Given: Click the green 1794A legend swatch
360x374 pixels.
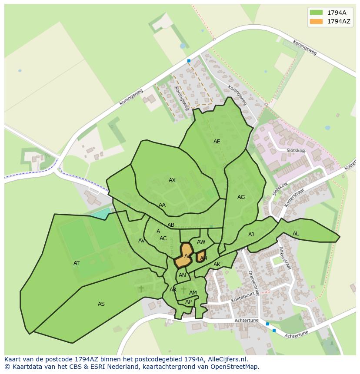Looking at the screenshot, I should [316, 12].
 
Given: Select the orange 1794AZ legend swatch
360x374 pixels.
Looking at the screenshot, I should [316, 21].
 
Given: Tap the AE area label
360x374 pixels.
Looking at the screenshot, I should [217, 142].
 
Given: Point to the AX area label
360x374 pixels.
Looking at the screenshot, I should [172, 180].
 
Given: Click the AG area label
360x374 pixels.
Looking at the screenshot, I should [241, 197].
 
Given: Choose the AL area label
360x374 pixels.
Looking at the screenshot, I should [296, 234].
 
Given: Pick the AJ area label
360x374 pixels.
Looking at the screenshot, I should [251, 235].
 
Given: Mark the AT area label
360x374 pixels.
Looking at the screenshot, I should [77, 263].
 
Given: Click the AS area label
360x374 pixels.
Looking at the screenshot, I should [101, 304].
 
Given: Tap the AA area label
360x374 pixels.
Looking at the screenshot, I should [162, 205].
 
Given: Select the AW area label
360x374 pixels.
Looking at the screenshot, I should [201, 242].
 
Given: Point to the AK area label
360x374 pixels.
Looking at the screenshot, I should [217, 265].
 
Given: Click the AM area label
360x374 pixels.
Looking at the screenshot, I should [193, 293].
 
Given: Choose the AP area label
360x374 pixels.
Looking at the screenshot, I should [188, 302].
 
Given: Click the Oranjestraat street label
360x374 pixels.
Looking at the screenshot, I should [253, 283].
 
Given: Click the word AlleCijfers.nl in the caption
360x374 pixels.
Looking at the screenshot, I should [226, 359].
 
